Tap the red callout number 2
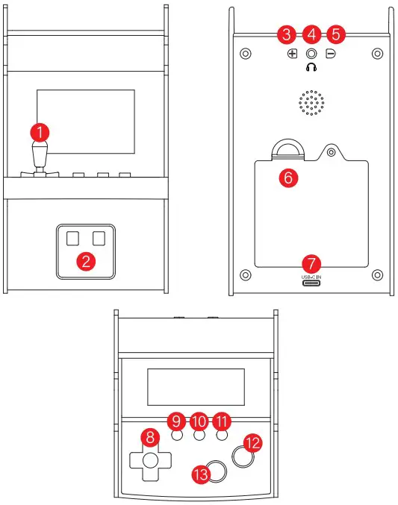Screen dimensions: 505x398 [x=87, y=261]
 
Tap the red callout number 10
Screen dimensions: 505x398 [x=199, y=421]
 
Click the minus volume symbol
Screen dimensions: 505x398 [x=330, y=54]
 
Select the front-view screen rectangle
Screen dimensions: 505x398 [x=86, y=120]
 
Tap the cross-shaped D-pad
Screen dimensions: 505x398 [x=150, y=459]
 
